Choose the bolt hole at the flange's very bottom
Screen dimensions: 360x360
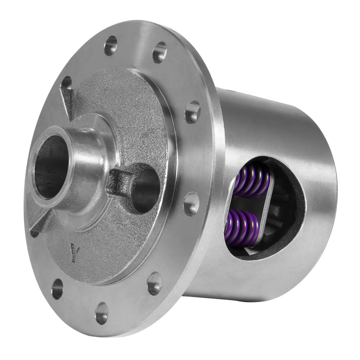[x=102, y=310]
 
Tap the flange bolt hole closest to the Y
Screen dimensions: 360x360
[x=57, y=276]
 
